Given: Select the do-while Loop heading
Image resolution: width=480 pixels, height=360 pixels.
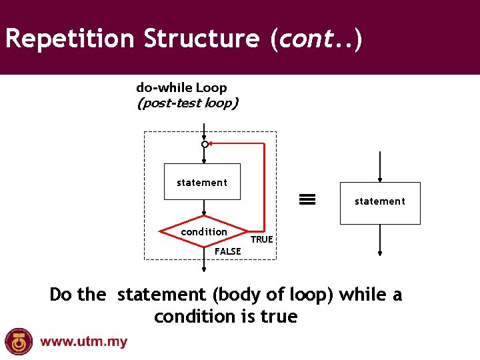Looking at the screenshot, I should point(181,87).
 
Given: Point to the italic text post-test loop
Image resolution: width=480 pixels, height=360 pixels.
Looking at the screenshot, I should point(187,103).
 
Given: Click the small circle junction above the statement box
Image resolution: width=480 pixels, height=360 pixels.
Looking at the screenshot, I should point(205,144).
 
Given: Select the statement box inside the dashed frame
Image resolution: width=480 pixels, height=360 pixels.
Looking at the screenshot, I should point(202,182).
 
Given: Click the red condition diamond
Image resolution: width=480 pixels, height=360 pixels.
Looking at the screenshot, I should point(204,232).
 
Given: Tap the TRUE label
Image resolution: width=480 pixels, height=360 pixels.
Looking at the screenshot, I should point(261,239).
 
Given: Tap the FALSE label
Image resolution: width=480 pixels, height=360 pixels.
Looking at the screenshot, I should point(228,251).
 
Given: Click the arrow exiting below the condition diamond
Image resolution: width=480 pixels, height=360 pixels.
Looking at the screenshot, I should point(205,261).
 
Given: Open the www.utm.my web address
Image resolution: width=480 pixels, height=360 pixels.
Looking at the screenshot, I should point(83,343).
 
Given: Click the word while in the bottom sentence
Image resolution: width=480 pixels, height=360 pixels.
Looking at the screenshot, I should point(362,295).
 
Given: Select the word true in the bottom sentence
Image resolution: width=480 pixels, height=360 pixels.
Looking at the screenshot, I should point(279,317).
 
